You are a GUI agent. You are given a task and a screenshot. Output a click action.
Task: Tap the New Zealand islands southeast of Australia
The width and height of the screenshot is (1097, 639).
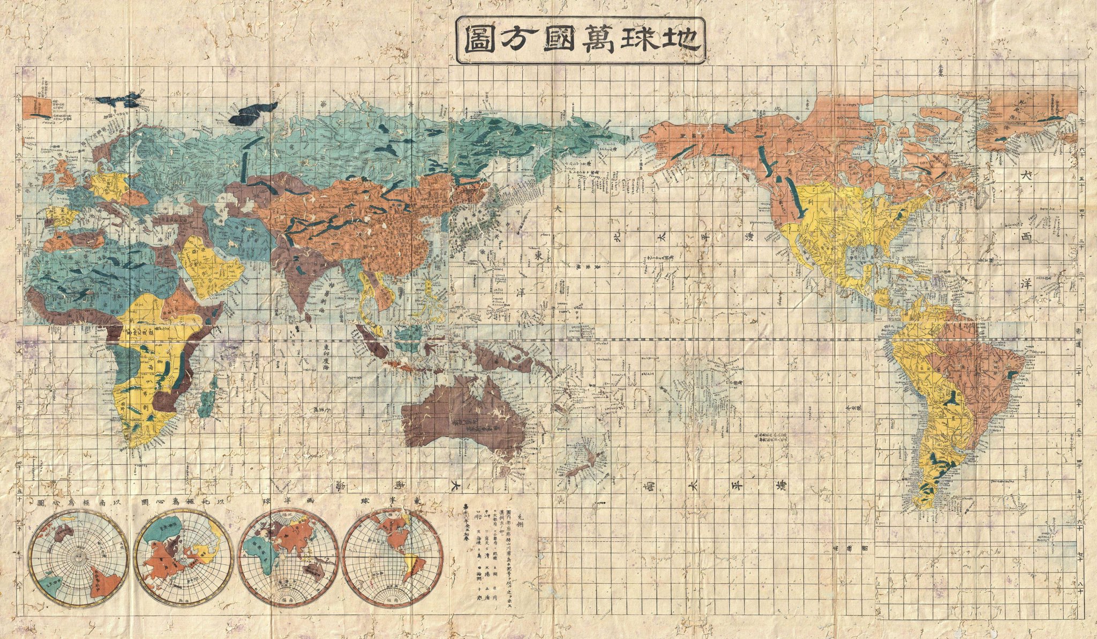581,461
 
